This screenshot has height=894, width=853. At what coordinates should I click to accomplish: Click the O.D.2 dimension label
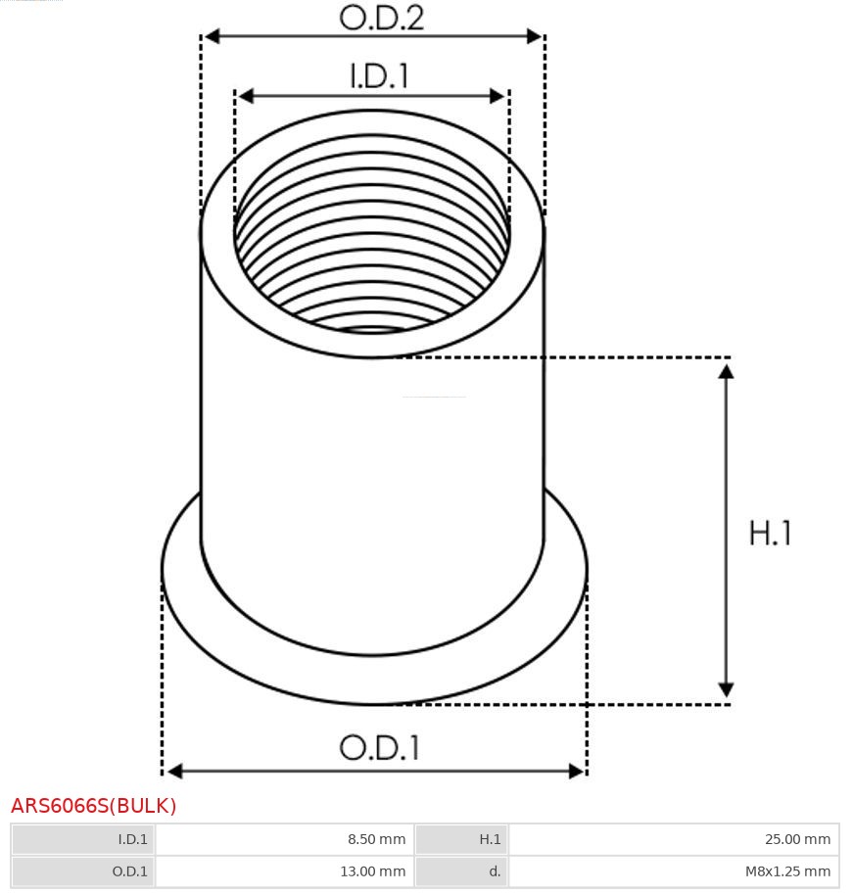click(x=382, y=18)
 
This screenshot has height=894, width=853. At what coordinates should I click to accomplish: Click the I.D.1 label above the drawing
click(x=379, y=75)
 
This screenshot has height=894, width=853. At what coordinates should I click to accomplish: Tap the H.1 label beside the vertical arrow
click(x=770, y=534)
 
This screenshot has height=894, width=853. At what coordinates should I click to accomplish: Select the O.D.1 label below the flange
click(x=379, y=747)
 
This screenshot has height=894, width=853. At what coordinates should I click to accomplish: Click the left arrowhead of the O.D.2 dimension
click(x=213, y=37)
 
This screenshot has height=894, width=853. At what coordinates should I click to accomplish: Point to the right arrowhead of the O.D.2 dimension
click(x=535, y=37)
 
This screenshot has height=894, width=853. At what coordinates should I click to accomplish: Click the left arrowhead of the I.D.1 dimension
click(x=246, y=96)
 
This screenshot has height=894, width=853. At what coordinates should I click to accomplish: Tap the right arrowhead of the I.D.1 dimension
click(x=498, y=96)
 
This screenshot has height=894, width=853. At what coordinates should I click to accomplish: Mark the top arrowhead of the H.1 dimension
click(x=726, y=372)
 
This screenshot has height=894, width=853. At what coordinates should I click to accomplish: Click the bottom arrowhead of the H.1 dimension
click(x=726, y=689)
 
